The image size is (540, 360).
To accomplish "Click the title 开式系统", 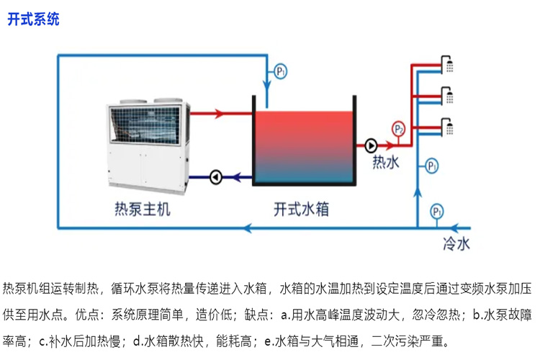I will click(x=33, y=19).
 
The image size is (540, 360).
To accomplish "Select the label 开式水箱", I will click(x=302, y=209).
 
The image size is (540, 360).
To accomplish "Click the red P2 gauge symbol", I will click(x=399, y=129).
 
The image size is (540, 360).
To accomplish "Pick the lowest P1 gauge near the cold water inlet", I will click(x=436, y=212).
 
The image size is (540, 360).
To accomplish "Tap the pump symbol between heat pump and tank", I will click(x=215, y=176).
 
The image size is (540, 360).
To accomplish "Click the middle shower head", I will click(x=449, y=95).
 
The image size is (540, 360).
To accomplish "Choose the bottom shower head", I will click(x=449, y=127).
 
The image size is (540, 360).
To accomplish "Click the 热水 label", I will click(x=385, y=163).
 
